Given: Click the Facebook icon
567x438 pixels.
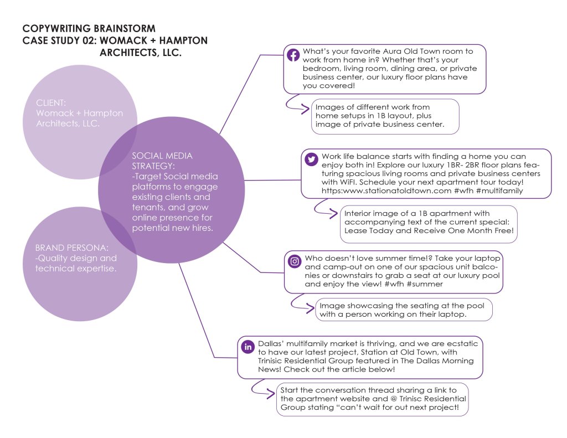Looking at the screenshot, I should (293, 55).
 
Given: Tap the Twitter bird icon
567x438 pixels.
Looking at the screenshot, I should (311, 159).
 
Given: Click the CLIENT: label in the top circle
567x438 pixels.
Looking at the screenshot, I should (51, 103).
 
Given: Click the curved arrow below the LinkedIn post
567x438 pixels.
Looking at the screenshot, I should (261, 388).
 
